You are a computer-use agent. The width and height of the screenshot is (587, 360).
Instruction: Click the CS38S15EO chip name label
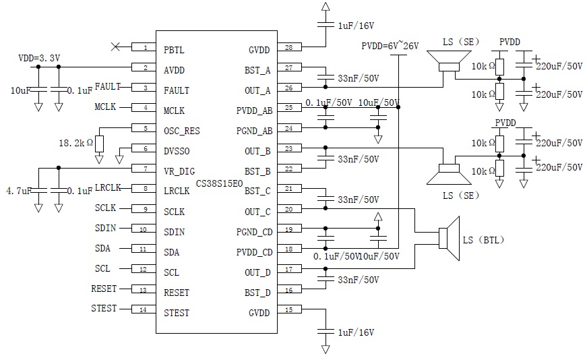pos(219,183)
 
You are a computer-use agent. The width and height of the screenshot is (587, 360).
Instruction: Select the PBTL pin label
pos(174,49)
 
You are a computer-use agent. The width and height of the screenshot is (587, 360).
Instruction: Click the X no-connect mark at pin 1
pos(115,47)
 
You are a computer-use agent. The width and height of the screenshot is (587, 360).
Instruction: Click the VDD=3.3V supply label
pos(40,59)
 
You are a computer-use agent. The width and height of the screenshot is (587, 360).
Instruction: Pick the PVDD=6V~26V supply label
pos(390,46)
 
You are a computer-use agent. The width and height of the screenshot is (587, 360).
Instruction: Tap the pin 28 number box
pos(288,47)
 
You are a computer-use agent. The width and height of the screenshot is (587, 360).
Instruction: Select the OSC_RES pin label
pos(182,130)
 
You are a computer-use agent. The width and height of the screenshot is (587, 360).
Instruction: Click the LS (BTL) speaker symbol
pos(447,239)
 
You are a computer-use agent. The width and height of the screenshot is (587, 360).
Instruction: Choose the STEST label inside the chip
pos(177,313)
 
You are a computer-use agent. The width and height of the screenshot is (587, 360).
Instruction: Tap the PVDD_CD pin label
pos(254,252)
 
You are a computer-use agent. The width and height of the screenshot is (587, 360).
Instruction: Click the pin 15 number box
pos(288,310)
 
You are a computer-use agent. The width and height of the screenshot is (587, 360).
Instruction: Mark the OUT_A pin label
pos(257,90)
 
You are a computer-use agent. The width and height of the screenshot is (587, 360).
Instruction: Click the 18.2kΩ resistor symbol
pos(99,144)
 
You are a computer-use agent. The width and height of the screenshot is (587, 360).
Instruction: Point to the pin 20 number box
pos(288,209)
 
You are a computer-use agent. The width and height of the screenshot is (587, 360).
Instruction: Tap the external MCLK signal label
pos(105,107)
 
